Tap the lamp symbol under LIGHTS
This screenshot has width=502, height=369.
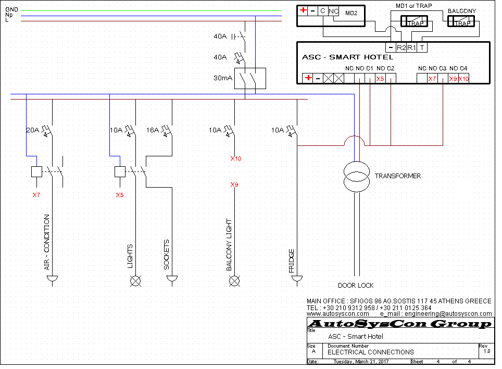click(x=135, y=281)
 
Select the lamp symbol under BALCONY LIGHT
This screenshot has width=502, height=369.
click(x=234, y=281)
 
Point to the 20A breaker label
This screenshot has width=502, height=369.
click(x=32, y=130)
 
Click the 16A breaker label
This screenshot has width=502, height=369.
click(x=153, y=130)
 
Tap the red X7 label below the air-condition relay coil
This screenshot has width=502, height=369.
click(x=36, y=195)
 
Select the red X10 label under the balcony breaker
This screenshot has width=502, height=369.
click(x=235, y=158)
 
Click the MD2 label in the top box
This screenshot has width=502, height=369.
click(x=351, y=13)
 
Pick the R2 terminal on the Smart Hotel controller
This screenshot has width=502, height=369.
click(x=401, y=48)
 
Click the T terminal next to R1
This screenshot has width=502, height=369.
click(x=422, y=48)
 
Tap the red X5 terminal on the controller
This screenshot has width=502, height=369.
click(x=380, y=79)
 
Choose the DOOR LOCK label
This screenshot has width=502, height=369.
click(x=356, y=286)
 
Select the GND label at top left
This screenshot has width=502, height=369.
click(x=11, y=9)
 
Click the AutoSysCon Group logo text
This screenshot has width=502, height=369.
click(x=400, y=324)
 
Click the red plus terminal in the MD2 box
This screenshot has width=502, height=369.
click(x=303, y=10)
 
